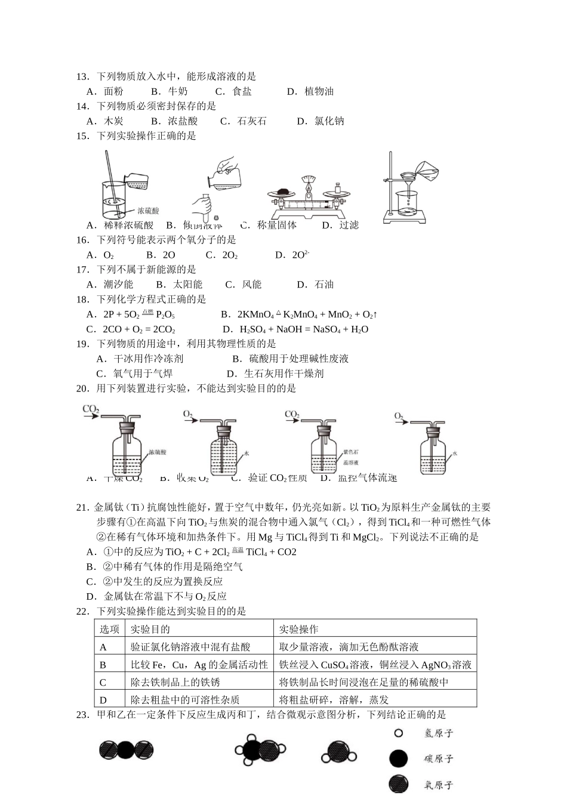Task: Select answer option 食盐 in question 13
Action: pyautogui.click(x=241, y=91)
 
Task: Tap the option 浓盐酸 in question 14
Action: pyautogui.click(x=182, y=121)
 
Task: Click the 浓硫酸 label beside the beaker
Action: pyautogui.click(x=148, y=211)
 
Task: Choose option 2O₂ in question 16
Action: pyautogui.click(x=230, y=255)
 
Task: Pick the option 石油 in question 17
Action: pyautogui.click(x=323, y=285)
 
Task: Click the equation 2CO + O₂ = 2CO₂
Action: pyautogui.click(x=138, y=329)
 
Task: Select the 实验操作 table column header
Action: pyautogui.click(x=299, y=629)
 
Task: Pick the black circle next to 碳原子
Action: pyautogui.click(x=398, y=758)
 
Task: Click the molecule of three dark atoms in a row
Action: pyautogui.click(x=126, y=750)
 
